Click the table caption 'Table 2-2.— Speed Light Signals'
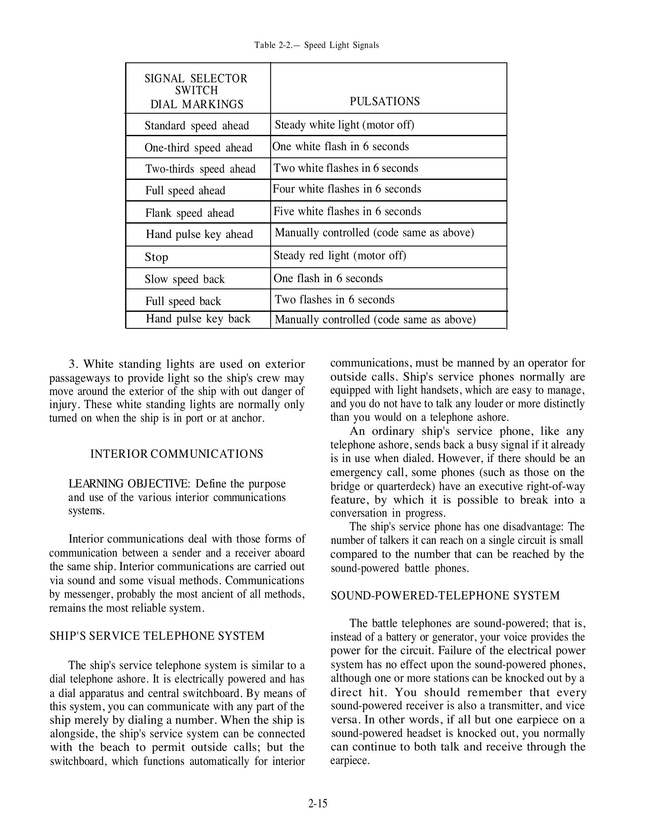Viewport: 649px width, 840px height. click(316, 45)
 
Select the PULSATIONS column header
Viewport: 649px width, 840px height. click(384, 101)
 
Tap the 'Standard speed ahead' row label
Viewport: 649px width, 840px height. click(196, 126)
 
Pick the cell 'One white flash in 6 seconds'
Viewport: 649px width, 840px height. click(341, 146)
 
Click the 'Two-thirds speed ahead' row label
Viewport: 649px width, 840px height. click(200, 169)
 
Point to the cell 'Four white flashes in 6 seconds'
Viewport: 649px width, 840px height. click(347, 189)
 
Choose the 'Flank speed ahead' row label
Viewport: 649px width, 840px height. click(190, 213)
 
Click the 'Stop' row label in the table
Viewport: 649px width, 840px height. click(156, 257)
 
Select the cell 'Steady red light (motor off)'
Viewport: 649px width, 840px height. click(340, 255)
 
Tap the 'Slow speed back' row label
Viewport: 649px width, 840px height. click(185, 279)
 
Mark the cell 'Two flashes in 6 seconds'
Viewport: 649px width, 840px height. click(334, 300)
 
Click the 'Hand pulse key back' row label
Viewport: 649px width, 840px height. click(198, 319)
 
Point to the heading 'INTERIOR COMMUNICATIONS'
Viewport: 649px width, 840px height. click(176, 454)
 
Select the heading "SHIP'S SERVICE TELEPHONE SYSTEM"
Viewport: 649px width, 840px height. click(157, 636)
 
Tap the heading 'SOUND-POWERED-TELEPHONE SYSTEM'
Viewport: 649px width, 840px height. click(445, 596)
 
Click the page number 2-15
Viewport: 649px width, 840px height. click(318, 803)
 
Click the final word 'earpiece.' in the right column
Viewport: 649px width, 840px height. click(350, 760)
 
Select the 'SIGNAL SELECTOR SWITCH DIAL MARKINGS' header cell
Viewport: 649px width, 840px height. click(196, 91)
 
